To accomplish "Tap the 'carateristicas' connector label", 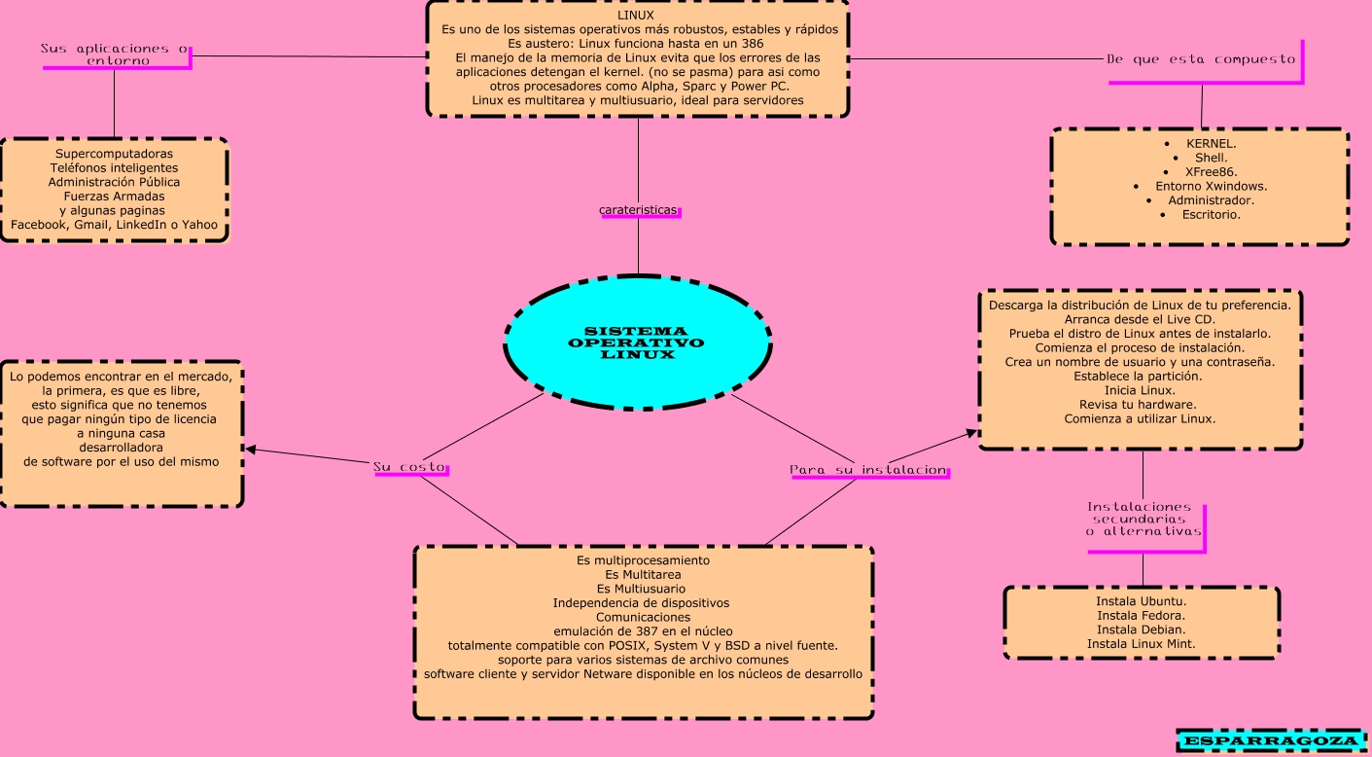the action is (639, 210).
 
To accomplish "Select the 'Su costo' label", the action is (409, 467).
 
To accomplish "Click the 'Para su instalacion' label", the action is (868, 470).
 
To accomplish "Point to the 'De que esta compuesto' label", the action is (1201, 59).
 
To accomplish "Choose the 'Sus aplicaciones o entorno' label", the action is (115, 54).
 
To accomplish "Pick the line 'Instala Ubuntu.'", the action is (1141, 600).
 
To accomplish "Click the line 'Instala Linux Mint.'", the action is (1141, 643).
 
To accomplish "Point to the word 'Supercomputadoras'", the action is (114, 154).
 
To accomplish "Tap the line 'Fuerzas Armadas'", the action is (114, 196).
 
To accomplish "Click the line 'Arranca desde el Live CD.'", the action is (1140, 319).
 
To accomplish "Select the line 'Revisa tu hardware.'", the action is (1140, 404).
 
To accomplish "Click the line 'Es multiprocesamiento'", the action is (643, 560).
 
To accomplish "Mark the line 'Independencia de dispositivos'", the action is (643, 603).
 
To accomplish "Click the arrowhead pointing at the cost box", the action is (250, 450).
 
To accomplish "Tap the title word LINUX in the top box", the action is (636, 16).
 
